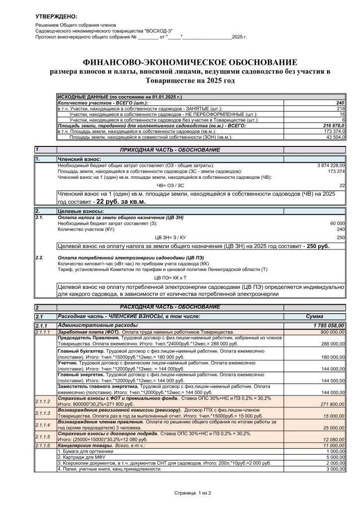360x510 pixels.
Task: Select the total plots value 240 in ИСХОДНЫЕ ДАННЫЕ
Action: (x=341, y=103)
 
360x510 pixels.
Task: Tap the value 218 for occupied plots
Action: (x=341, y=109)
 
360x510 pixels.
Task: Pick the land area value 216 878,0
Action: (x=334, y=126)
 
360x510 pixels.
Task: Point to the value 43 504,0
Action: (x=336, y=136)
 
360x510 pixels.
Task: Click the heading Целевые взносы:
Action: (x=79, y=212)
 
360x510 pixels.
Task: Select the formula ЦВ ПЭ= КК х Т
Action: (x=170, y=277)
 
